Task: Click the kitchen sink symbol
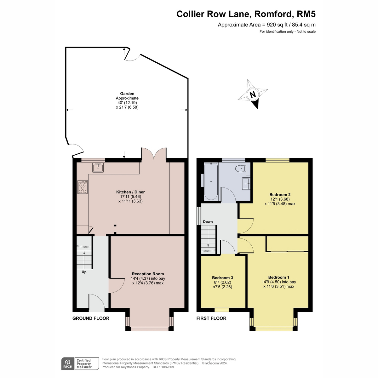[98, 168]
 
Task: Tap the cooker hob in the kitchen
[83, 187]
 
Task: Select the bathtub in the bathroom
[211, 181]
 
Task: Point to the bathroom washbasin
[246, 183]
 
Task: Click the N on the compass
[253, 94]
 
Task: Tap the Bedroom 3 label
[222, 278]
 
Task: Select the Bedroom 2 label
[280, 195]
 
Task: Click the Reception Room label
[148, 274]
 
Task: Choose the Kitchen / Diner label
[130, 192]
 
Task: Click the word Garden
[127, 94]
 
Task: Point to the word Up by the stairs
[84, 272]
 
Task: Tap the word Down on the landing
[208, 222]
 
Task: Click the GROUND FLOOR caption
[91, 318]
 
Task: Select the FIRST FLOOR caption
[211, 318]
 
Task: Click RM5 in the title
[306, 14]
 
